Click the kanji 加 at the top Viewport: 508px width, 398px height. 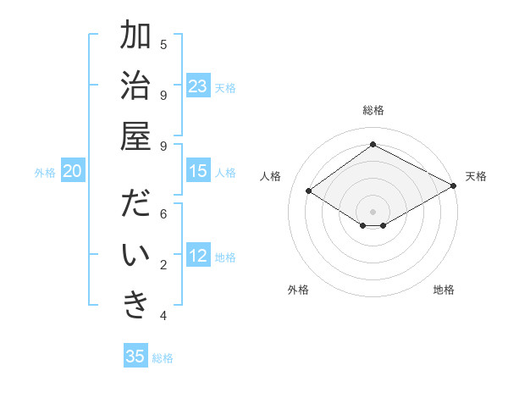[135, 36]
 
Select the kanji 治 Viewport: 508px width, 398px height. [135, 87]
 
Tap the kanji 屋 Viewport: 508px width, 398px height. [135, 138]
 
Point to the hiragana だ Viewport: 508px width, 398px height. [135, 206]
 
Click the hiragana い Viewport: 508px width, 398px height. [135, 257]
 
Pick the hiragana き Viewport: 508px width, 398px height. [135, 307]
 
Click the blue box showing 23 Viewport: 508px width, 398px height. [198, 86]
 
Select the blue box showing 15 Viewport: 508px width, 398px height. [198, 172]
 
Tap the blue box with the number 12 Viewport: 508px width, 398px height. [198, 257]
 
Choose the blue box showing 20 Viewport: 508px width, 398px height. [72, 172]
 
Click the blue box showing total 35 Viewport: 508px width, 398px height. [135, 357]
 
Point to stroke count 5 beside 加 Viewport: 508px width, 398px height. [163, 44]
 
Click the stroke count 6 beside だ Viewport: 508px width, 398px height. [163, 214]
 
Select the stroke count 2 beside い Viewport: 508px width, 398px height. [163, 265]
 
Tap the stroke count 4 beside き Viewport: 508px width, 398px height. [163, 316]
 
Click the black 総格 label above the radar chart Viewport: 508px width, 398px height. [373, 110]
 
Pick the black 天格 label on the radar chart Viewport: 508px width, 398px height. [476, 176]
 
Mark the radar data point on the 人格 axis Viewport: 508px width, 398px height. [309, 191]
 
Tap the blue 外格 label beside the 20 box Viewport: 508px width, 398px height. [45, 173]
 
